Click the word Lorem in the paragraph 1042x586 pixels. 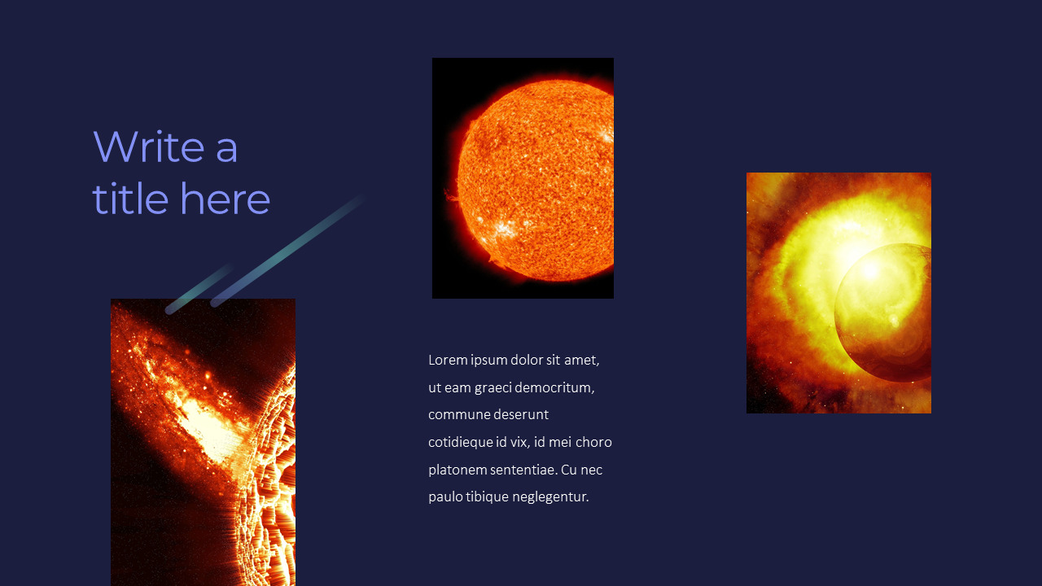(x=448, y=360)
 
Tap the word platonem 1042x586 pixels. (x=458, y=470)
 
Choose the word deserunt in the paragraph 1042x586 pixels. (x=521, y=414)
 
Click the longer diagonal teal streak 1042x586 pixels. (x=289, y=251)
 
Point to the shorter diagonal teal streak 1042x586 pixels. (x=199, y=288)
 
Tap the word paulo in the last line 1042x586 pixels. (x=445, y=496)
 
